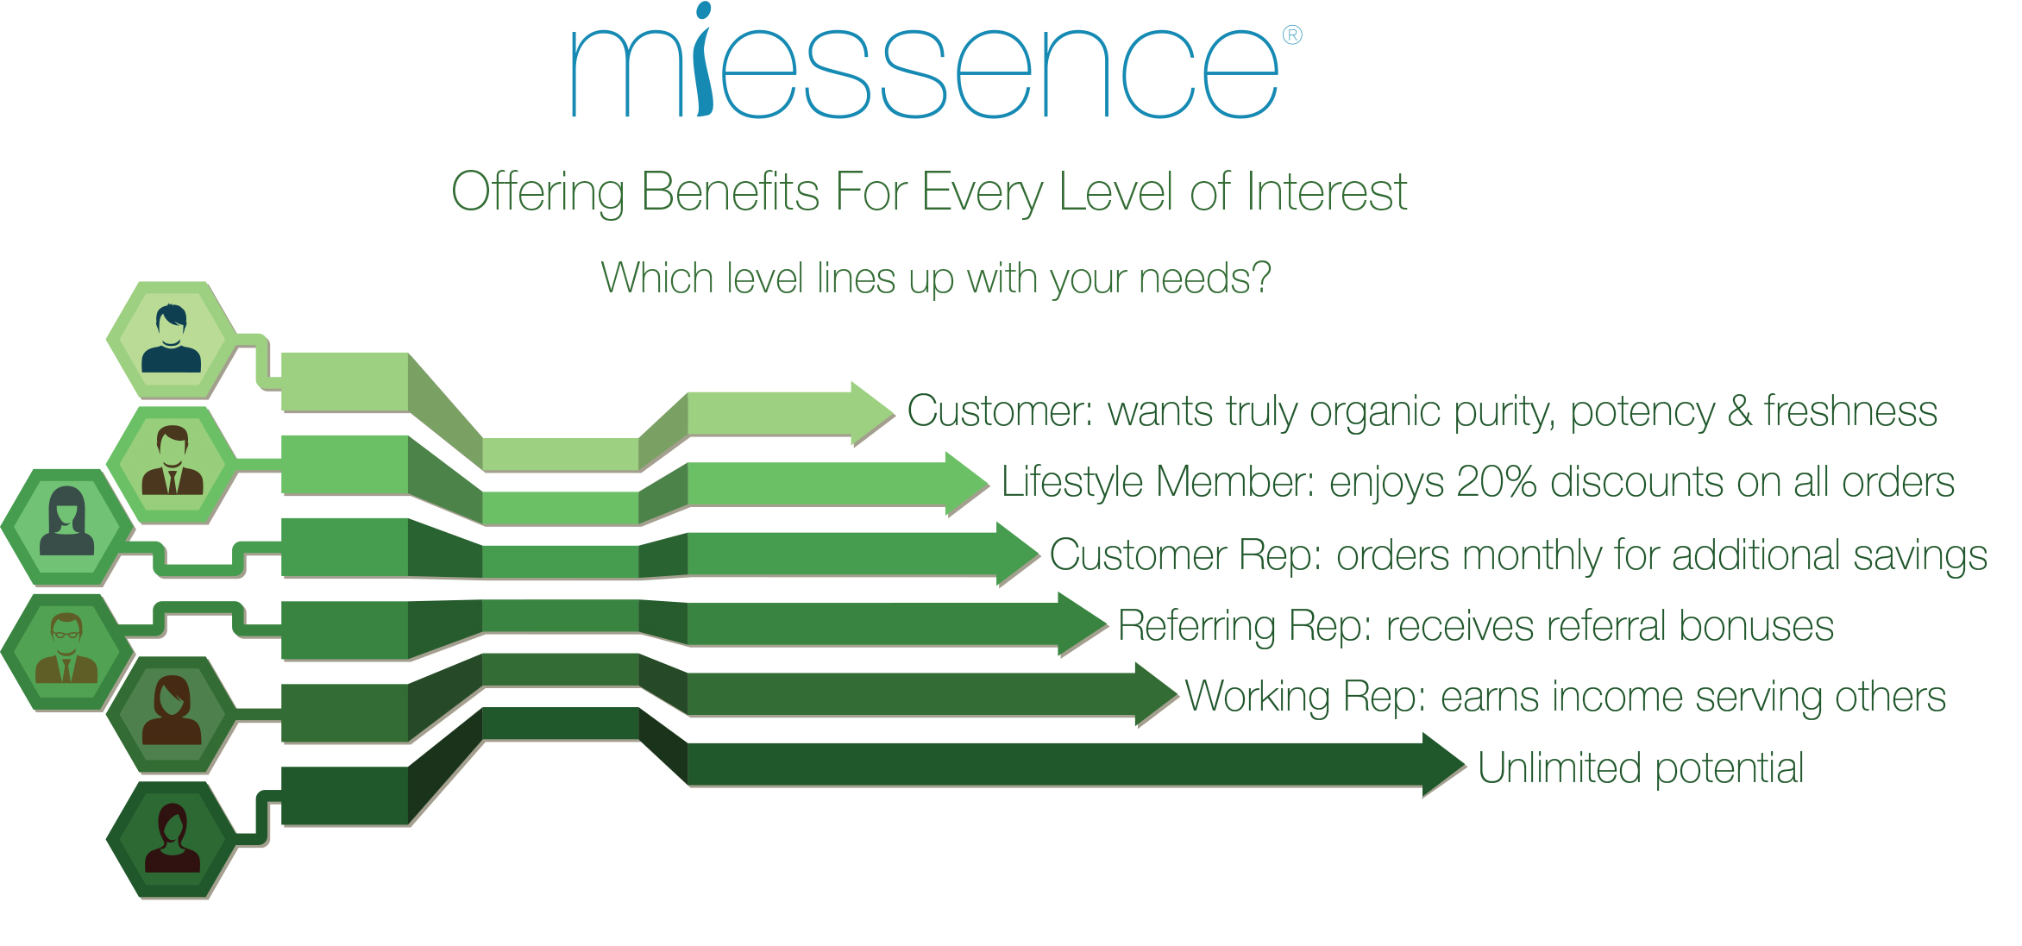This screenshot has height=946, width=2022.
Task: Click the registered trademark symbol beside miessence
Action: (1292, 35)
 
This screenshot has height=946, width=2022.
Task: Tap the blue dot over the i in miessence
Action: (703, 10)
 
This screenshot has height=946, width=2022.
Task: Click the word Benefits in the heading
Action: (730, 191)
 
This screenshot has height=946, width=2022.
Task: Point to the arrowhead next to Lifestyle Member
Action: (967, 483)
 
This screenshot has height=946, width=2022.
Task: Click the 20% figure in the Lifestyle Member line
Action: (1497, 482)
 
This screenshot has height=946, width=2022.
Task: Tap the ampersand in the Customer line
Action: (1740, 411)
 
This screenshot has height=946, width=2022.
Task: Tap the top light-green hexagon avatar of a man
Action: (172, 340)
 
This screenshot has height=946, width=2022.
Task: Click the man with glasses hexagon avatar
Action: (66, 652)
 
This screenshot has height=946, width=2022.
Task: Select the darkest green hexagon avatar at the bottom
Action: (172, 840)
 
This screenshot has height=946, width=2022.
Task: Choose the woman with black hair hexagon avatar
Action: (66, 527)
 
